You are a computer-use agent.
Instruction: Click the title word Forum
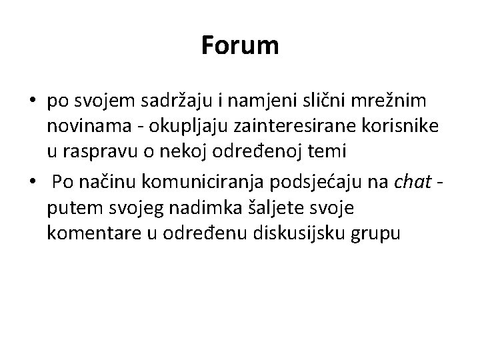coord(240,46)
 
